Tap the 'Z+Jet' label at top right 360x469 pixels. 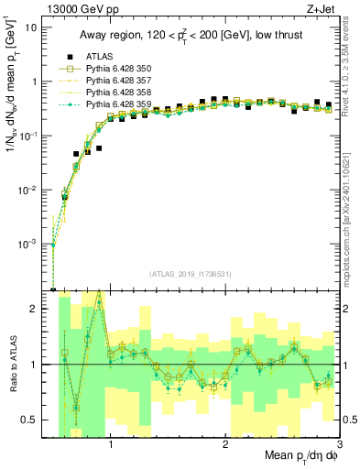(x=322, y=8)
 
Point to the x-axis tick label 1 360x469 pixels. (x=111, y=441)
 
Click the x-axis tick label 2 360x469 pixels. (x=225, y=441)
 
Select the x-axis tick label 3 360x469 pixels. (x=338, y=441)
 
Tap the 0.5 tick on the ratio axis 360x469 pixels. (x=34, y=420)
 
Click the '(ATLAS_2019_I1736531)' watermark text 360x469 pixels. (x=195, y=274)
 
